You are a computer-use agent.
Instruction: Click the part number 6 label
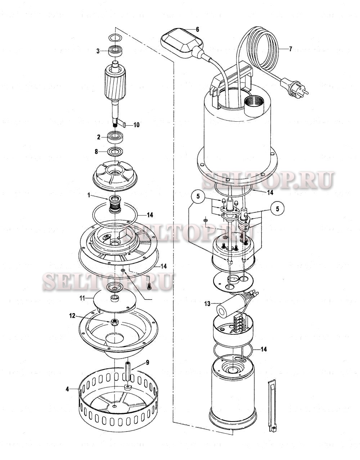coord(197,30)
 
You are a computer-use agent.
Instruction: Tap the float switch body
coord(182,43)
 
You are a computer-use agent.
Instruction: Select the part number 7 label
coord(291,49)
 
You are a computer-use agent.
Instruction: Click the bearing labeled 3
coord(115,51)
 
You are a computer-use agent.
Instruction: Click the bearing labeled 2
coord(115,138)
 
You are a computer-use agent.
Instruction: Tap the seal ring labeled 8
coord(115,152)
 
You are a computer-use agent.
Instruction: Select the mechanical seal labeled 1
coord(114,205)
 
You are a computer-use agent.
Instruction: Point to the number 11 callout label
coord(82,298)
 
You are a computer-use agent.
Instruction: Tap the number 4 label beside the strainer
coord(67,389)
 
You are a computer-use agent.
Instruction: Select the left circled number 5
coord(198,196)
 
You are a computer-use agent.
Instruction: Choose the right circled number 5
coord(277,208)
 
